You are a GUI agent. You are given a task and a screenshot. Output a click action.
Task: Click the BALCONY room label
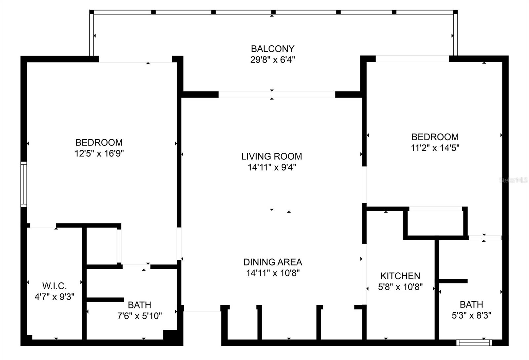coord(272,49)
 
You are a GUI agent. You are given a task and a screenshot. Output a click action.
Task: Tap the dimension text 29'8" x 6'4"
coord(272,60)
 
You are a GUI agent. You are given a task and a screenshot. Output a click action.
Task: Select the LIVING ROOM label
coord(271,156)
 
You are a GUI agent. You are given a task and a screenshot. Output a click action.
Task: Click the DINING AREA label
coord(273,262)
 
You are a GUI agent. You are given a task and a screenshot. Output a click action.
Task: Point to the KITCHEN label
coord(400,276)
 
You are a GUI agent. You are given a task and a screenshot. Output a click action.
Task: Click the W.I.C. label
coord(54,286)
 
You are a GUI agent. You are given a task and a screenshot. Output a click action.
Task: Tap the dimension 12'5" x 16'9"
coord(99,153)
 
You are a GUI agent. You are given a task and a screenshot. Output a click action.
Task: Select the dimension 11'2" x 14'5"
coord(435,148)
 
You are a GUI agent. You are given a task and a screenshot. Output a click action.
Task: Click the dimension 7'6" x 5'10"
coord(140,316)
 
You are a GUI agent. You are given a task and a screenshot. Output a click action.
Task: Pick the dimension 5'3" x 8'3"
coord(471,315)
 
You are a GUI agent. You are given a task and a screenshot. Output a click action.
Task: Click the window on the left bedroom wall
coord(23,184)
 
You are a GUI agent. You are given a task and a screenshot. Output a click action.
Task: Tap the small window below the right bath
coord(474,343)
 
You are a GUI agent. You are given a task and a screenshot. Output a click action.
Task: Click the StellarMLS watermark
coord(513,180)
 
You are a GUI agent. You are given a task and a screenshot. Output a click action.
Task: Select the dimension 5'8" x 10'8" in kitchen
coord(400,287)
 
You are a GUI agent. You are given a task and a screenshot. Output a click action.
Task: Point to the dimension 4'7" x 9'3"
coord(54,297)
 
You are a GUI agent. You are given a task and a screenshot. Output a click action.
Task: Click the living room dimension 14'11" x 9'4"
coord(271,167)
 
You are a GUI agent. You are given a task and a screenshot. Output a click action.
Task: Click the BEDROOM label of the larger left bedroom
coord(99,142)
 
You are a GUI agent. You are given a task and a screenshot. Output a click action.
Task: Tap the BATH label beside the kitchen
coord(471,304)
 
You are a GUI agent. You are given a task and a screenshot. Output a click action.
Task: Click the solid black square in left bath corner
coord(171,335)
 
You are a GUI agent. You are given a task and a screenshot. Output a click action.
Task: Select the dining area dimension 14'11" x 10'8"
coord(273,273)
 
